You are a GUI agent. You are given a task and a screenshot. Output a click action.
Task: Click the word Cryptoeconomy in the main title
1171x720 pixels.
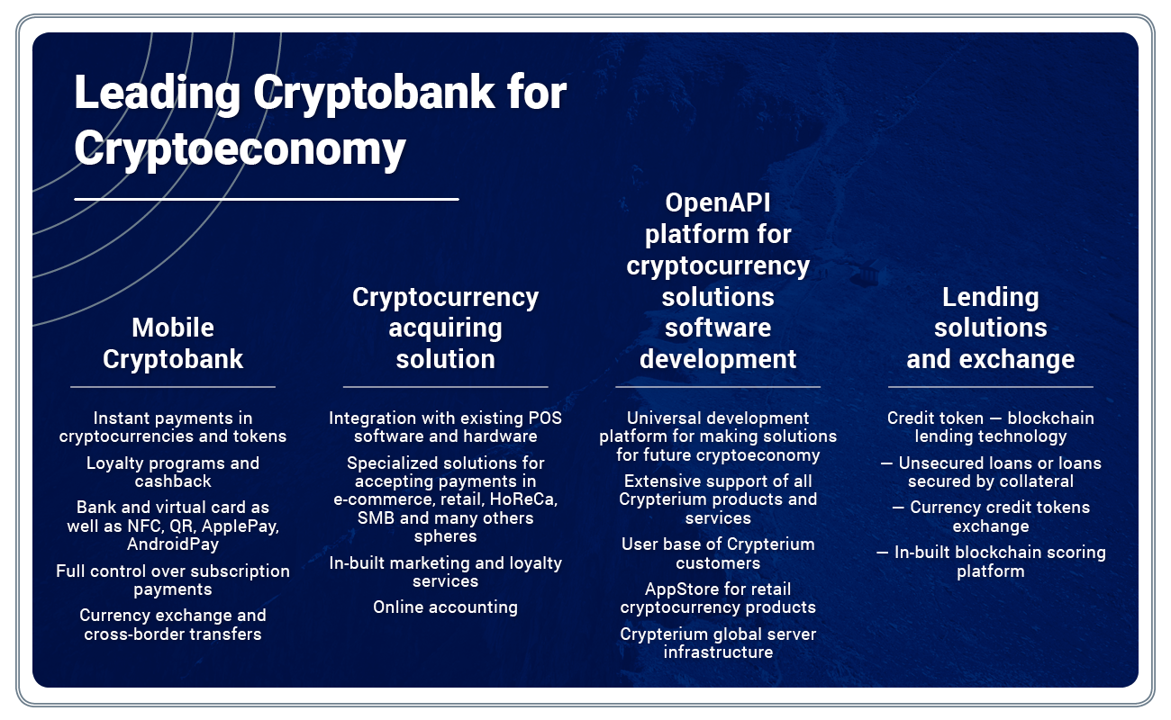(240, 149)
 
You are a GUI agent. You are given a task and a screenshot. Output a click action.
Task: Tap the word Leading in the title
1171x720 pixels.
(158, 93)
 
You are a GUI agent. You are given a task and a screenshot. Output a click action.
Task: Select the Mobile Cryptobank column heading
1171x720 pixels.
(173, 343)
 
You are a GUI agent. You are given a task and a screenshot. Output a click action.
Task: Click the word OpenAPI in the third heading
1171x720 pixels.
(718, 203)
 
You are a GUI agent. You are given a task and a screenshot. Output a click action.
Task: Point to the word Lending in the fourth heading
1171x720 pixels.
(991, 298)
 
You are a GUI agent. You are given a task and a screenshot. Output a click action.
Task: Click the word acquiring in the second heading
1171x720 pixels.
(445, 329)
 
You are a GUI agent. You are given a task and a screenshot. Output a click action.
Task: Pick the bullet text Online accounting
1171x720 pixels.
(445, 607)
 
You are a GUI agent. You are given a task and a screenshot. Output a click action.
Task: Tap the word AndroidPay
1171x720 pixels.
(173, 544)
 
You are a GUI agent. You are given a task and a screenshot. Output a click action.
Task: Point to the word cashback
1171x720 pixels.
(173, 481)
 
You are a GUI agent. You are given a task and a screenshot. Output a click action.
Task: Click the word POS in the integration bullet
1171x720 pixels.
(545, 418)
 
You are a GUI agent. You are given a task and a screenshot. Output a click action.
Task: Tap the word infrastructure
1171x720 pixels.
(718, 652)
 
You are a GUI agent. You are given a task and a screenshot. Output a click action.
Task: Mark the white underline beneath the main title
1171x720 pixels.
(267, 199)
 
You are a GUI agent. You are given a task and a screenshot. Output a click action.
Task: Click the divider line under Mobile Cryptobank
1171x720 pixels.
(173, 387)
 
